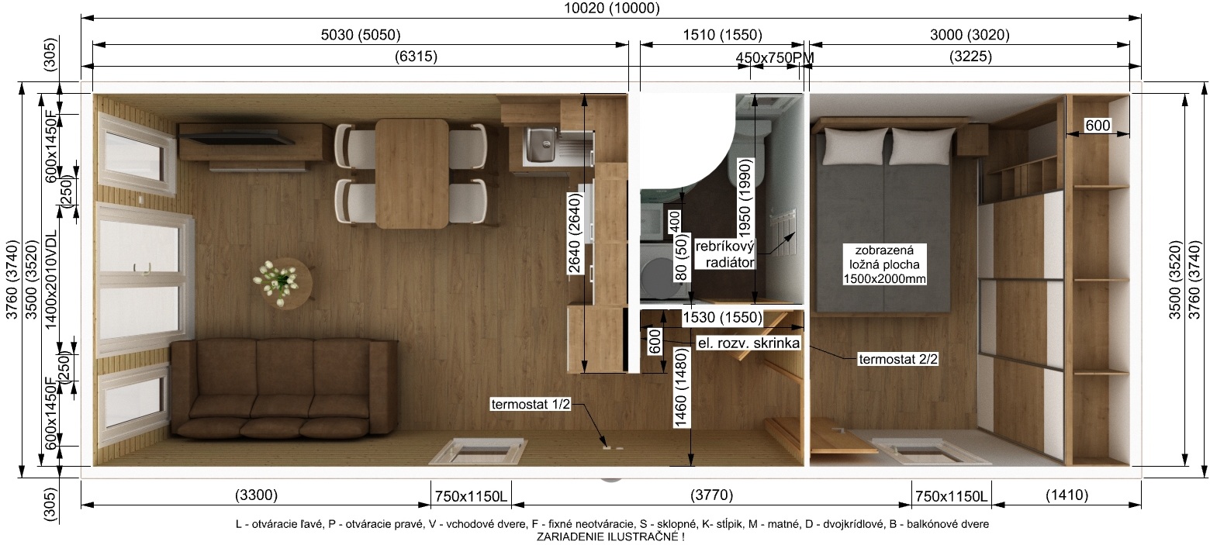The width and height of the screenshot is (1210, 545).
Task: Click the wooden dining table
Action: click(412, 174)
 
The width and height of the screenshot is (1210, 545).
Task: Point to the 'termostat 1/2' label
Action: click(531, 404)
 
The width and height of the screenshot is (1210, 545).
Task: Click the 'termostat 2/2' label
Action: click(898, 359)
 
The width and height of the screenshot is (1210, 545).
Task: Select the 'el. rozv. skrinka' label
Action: click(748, 343)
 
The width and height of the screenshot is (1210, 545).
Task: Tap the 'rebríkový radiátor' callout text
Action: click(724, 254)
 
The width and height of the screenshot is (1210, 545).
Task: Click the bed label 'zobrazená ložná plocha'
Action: click(884, 257)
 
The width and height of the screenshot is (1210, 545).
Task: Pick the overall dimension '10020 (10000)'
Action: click(611, 8)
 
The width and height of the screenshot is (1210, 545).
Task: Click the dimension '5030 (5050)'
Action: click(361, 35)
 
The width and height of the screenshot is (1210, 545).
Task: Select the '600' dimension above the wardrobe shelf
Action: click(1098, 126)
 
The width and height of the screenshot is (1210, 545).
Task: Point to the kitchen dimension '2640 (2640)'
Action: click(574, 233)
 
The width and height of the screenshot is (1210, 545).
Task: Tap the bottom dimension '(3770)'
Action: click(711, 495)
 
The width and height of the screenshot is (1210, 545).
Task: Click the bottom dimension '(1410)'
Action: click(1067, 495)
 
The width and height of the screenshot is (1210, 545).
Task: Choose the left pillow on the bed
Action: click(856, 145)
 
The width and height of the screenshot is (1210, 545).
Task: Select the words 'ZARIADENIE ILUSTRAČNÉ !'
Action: click(610, 537)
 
